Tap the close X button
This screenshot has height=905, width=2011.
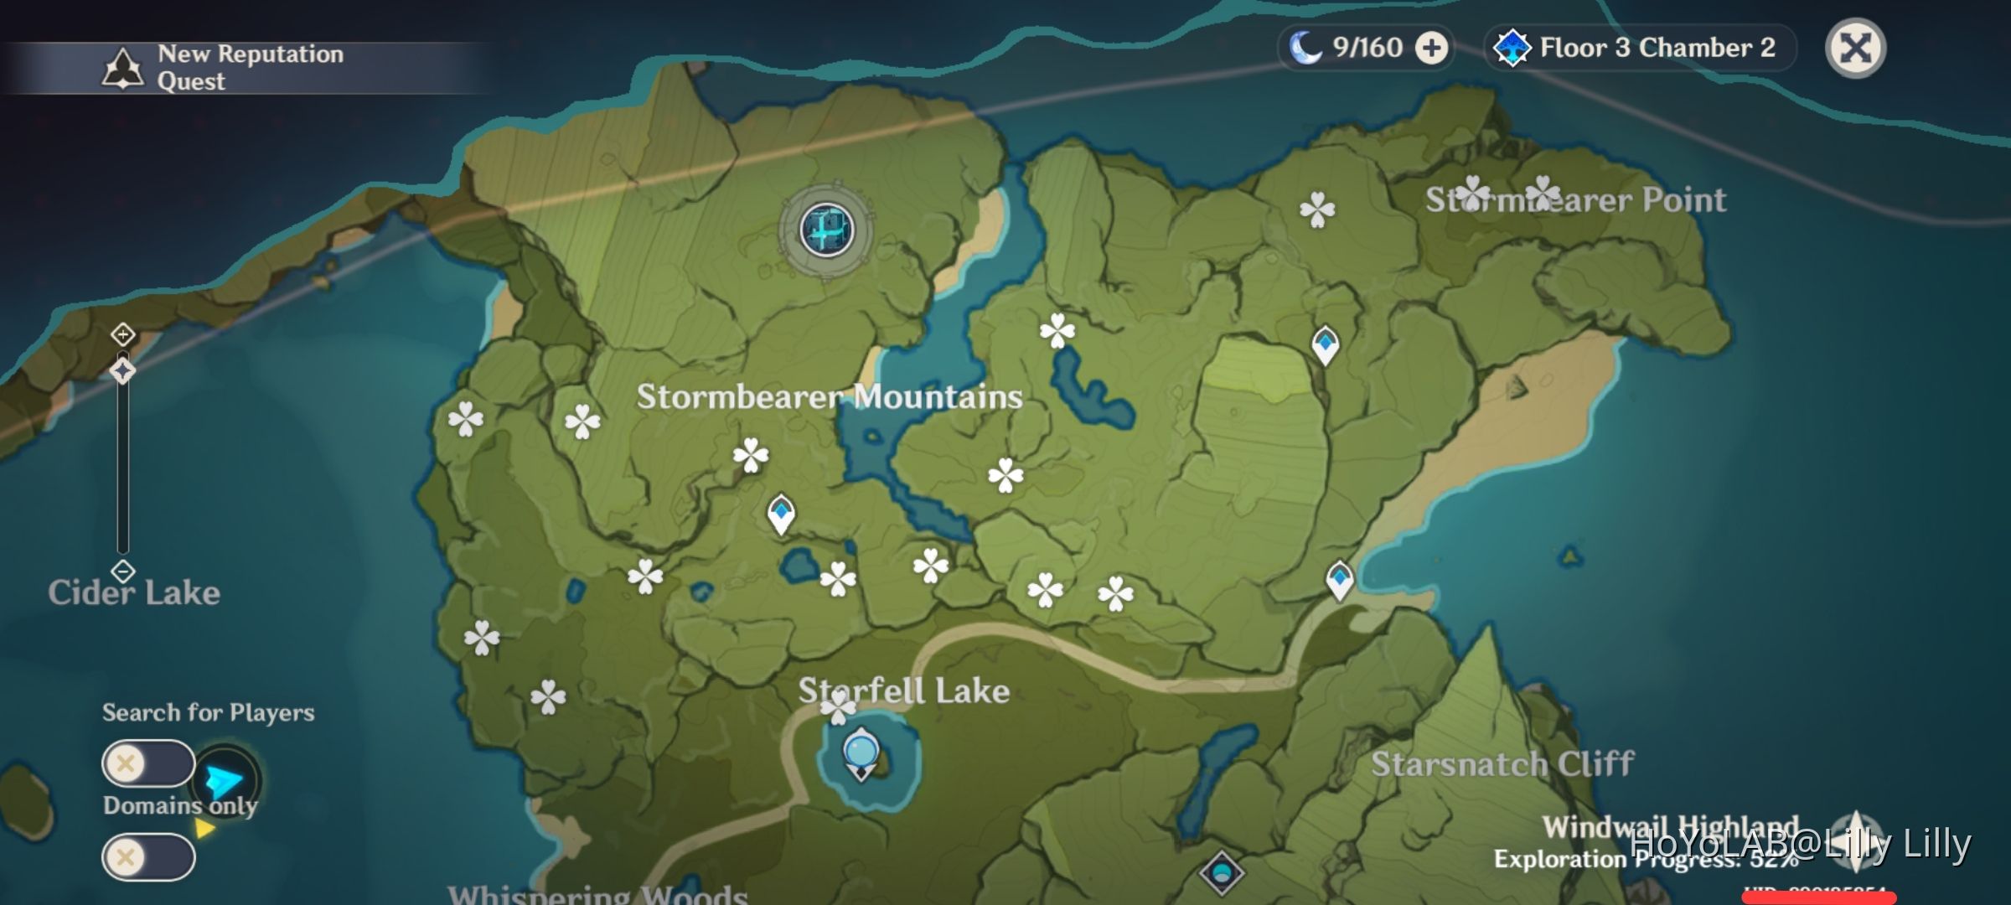coord(1855,48)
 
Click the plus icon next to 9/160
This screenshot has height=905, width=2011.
coord(1431,48)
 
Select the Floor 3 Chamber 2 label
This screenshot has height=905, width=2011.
coord(1657,48)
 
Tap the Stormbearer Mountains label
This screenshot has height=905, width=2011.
coord(829,396)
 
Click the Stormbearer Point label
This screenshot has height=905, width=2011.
coord(1575,199)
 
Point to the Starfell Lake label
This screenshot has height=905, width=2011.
coord(903,690)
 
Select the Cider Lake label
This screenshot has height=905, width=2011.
coord(134,592)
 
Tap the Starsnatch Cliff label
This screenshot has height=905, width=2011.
coord(1502,763)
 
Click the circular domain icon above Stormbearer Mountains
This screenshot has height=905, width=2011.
coord(827,230)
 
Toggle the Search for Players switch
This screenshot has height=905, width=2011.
coord(148,763)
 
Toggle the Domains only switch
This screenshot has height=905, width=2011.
coord(148,857)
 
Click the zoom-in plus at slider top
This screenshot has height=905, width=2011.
coord(123,335)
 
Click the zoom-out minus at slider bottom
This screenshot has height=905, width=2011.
coord(123,571)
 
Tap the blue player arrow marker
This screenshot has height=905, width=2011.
coord(224,781)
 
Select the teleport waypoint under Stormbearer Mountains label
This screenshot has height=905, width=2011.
coord(781,512)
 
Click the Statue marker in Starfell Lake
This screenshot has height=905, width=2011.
coord(861,752)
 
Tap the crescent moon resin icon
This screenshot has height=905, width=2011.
coord(1305,48)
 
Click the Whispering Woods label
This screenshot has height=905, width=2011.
coord(597,894)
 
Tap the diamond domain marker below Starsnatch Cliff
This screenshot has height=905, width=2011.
coord(1221,873)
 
